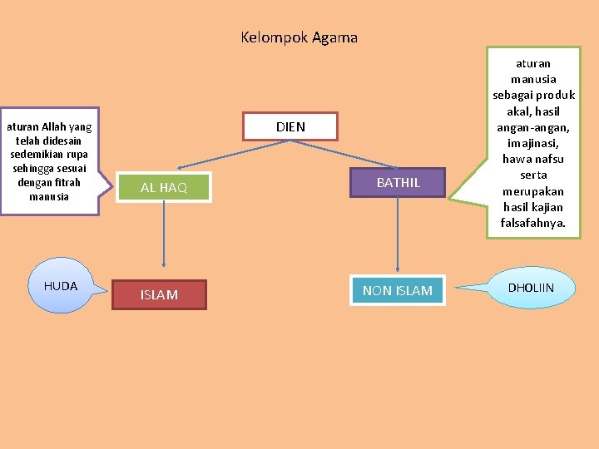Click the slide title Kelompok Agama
[299, 37]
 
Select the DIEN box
[290, 126]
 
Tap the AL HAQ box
[163, 187]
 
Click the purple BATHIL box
[398, 182]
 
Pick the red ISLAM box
[159, 294]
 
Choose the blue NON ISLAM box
[397, 290]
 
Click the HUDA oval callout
[61, 286]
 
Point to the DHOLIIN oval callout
[531, 288]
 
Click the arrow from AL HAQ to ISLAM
[163, 241]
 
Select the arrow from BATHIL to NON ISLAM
[398, 234]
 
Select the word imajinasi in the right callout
[533, 143]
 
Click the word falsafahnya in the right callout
[533, 223]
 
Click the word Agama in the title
[335, 37]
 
